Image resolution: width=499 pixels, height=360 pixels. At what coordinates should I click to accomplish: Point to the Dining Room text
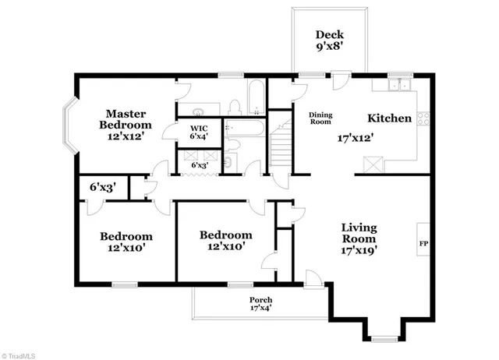(x=320, y=118)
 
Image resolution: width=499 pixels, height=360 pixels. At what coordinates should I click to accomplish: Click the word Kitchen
(x=389, y=118)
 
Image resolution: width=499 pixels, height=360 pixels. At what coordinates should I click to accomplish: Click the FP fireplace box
(x=424, y=245)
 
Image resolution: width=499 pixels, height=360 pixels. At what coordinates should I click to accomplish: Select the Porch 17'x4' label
(x=260, y=304)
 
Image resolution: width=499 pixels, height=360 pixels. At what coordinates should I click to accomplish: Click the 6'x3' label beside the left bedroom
(x=101, y=187)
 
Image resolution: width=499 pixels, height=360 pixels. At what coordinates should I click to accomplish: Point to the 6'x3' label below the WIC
(x=201, y=165)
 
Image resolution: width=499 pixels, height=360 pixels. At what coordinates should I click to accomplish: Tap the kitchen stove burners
(x=424, y=119)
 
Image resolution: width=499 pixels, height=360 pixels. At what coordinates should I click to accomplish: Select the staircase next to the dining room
(x=281, y=147)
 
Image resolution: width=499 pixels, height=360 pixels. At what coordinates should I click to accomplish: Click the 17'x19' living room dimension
(x=359, y=251)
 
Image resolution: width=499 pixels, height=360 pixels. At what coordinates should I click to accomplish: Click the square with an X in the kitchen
(x=373, y=164)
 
